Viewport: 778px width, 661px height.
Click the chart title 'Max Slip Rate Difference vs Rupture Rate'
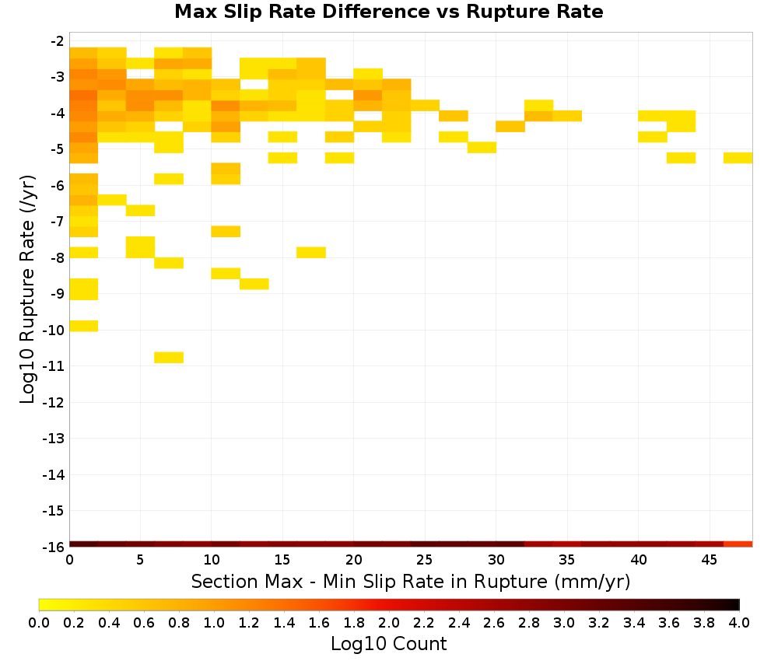[388, 12]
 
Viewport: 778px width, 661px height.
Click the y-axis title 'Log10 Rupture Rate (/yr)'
[27, 289]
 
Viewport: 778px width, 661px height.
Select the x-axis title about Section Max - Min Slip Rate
[410, 581]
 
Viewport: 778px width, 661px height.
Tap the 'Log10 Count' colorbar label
[388, 644]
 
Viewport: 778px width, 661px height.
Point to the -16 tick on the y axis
[54, 547]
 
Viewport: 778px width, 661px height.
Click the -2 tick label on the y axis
[58, 40]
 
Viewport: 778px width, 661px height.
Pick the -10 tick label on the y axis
[54, 330]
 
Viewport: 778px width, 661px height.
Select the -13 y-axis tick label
[54, 439]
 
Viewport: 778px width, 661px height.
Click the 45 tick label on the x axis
[709, 560]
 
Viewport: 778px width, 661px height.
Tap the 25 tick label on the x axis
[424, 560]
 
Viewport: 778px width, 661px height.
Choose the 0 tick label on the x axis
[69, 560]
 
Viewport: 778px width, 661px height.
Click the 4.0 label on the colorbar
[739, 622]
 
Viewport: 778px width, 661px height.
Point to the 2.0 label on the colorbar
[389, 622]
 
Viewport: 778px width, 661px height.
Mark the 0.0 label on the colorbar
[39, 622]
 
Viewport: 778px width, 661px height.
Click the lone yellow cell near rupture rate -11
[169, 357]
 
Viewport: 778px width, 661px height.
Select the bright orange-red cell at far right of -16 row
[738, 544]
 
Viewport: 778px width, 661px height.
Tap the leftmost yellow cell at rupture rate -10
[84, 326]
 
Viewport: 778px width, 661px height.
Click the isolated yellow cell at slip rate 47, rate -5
[738, 158]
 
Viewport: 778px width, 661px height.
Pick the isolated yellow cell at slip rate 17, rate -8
[311, 253]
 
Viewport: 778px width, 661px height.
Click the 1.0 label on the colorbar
[214, 622]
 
